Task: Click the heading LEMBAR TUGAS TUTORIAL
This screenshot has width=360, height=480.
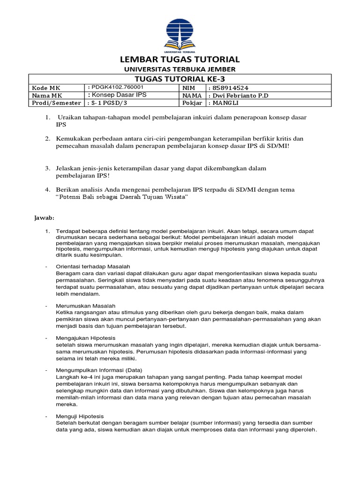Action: click(180, 60)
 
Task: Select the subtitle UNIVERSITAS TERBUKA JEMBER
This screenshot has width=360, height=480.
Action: click(180, 69)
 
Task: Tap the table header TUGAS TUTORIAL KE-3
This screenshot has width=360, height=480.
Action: click(180, 79)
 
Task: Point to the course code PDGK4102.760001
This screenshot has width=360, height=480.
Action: click(117, 88)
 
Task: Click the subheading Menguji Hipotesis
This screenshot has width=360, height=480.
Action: click(80, 416)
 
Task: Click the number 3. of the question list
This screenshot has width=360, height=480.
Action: click(47, 168)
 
